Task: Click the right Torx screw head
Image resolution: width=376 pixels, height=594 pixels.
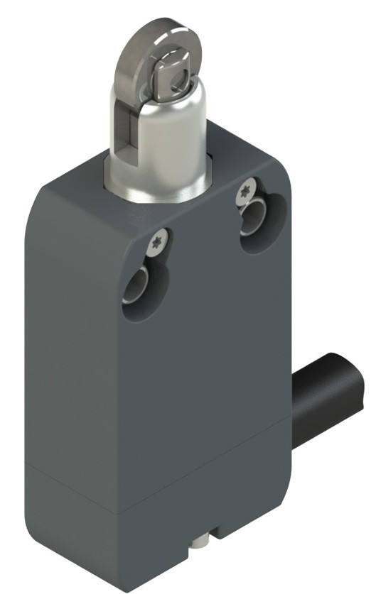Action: pyautogui.click(x=245, y=189)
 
